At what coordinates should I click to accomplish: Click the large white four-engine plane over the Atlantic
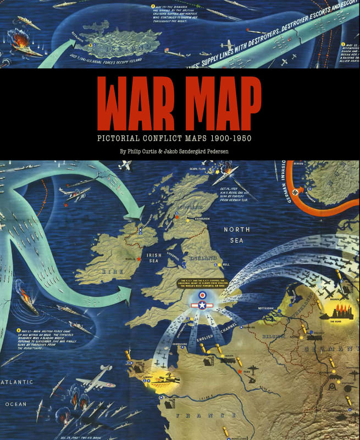pos(97,383)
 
